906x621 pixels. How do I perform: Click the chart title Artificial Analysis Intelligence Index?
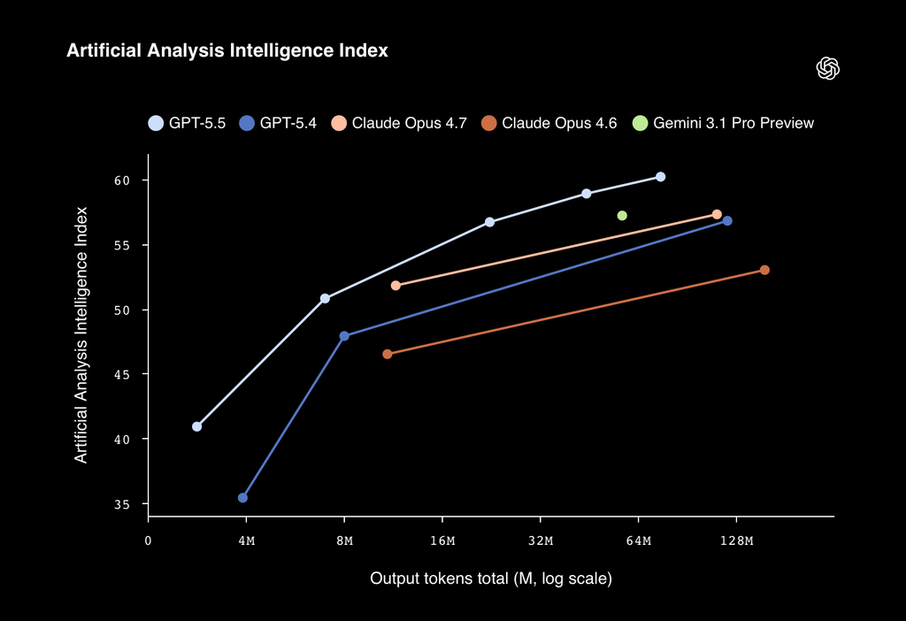[227, 51]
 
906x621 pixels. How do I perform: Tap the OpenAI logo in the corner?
[827, 69]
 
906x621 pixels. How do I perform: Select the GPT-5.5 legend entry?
[187, 123]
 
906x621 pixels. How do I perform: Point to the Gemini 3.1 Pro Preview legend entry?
[724, 123]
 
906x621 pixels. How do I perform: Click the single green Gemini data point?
[622, 216]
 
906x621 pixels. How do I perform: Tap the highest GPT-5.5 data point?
[660, 177]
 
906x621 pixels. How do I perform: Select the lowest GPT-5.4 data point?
[242, 498]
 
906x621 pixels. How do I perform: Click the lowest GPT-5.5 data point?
[196, 426]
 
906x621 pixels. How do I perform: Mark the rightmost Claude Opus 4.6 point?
[764, 270]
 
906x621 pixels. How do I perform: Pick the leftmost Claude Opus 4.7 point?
[395, 286]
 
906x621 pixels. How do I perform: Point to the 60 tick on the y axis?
[121, 180]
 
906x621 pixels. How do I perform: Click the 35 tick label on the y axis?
[121, 504]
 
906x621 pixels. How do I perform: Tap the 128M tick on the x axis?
[736, 540]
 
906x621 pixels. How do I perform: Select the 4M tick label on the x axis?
[246, 540]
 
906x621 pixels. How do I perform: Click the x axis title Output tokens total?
[491, 579]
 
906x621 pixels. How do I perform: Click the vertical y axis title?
[81, 334]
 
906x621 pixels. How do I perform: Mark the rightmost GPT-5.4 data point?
[727, 220]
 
